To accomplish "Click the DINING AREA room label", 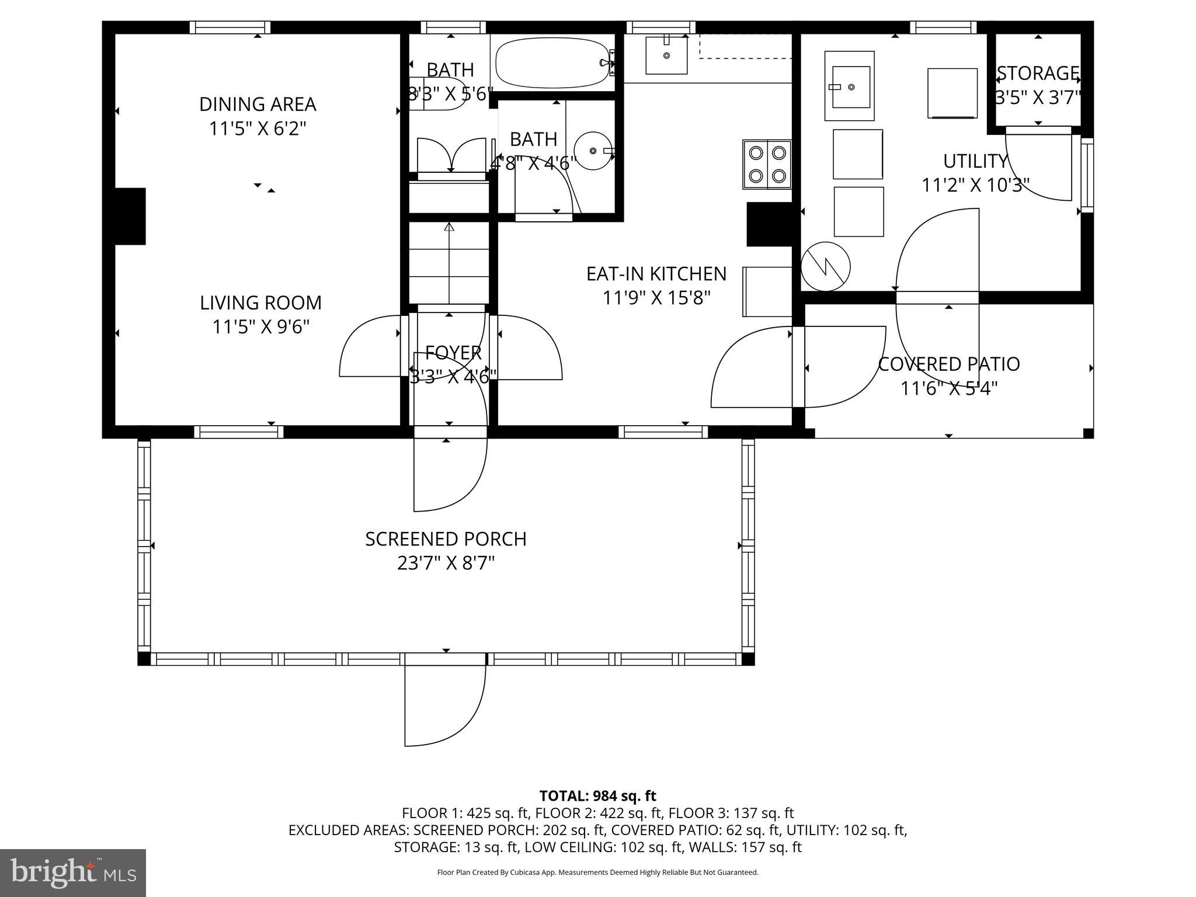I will click(258, 105).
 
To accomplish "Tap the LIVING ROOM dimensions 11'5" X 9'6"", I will click(260, 327).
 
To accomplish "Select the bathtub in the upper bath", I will click(552, 63).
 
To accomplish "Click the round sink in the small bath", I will click(593, 151).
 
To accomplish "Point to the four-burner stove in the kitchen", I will click(767, 164).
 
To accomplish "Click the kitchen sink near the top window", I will click(666, 55).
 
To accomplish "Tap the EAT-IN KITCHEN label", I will click(656, 274).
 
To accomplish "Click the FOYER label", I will click(453, 353).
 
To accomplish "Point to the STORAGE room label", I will click(1038, 74).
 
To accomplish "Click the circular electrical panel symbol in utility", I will click(825, 267).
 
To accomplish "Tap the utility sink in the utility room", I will click(850, 86).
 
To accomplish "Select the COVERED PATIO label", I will click(949, 364).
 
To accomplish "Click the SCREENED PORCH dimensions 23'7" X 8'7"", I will click(446, 564).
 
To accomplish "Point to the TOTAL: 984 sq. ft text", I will click(597, 796).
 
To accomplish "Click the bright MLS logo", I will click(73, 873).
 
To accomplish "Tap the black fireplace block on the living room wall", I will click(130, 216).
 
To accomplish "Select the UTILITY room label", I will click(975, 161).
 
